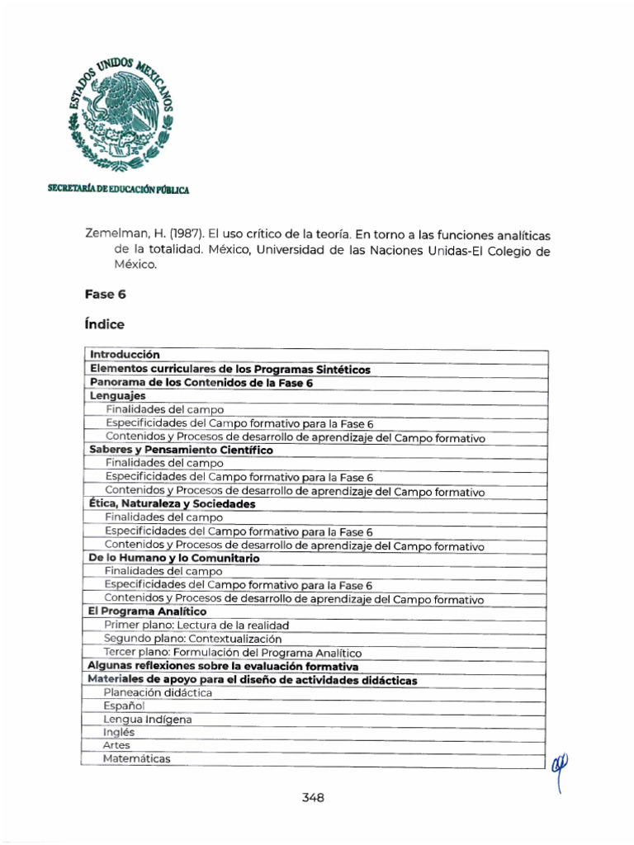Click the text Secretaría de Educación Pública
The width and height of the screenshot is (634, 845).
pos(118,190)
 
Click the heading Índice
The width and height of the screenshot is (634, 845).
pos(104,324)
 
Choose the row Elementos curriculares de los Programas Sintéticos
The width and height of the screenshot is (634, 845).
pos(229,369)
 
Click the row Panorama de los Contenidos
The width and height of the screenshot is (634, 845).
pos(201,382)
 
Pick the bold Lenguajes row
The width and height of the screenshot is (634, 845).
pos(117,396)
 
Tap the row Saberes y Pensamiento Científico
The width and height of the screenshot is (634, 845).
pos(180,450)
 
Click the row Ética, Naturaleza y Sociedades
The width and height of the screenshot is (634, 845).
pos(172,503)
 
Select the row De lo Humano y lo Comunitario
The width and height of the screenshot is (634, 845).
pos(173,558)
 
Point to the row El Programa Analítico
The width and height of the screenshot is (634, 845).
pos(147,611)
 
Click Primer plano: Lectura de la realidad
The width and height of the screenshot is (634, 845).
pos(196,625)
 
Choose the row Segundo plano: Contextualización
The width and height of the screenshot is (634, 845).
pos(192,639)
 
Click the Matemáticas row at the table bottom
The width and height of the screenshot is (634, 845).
pos(137,758)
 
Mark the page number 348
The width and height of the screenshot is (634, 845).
pos(313,797)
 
